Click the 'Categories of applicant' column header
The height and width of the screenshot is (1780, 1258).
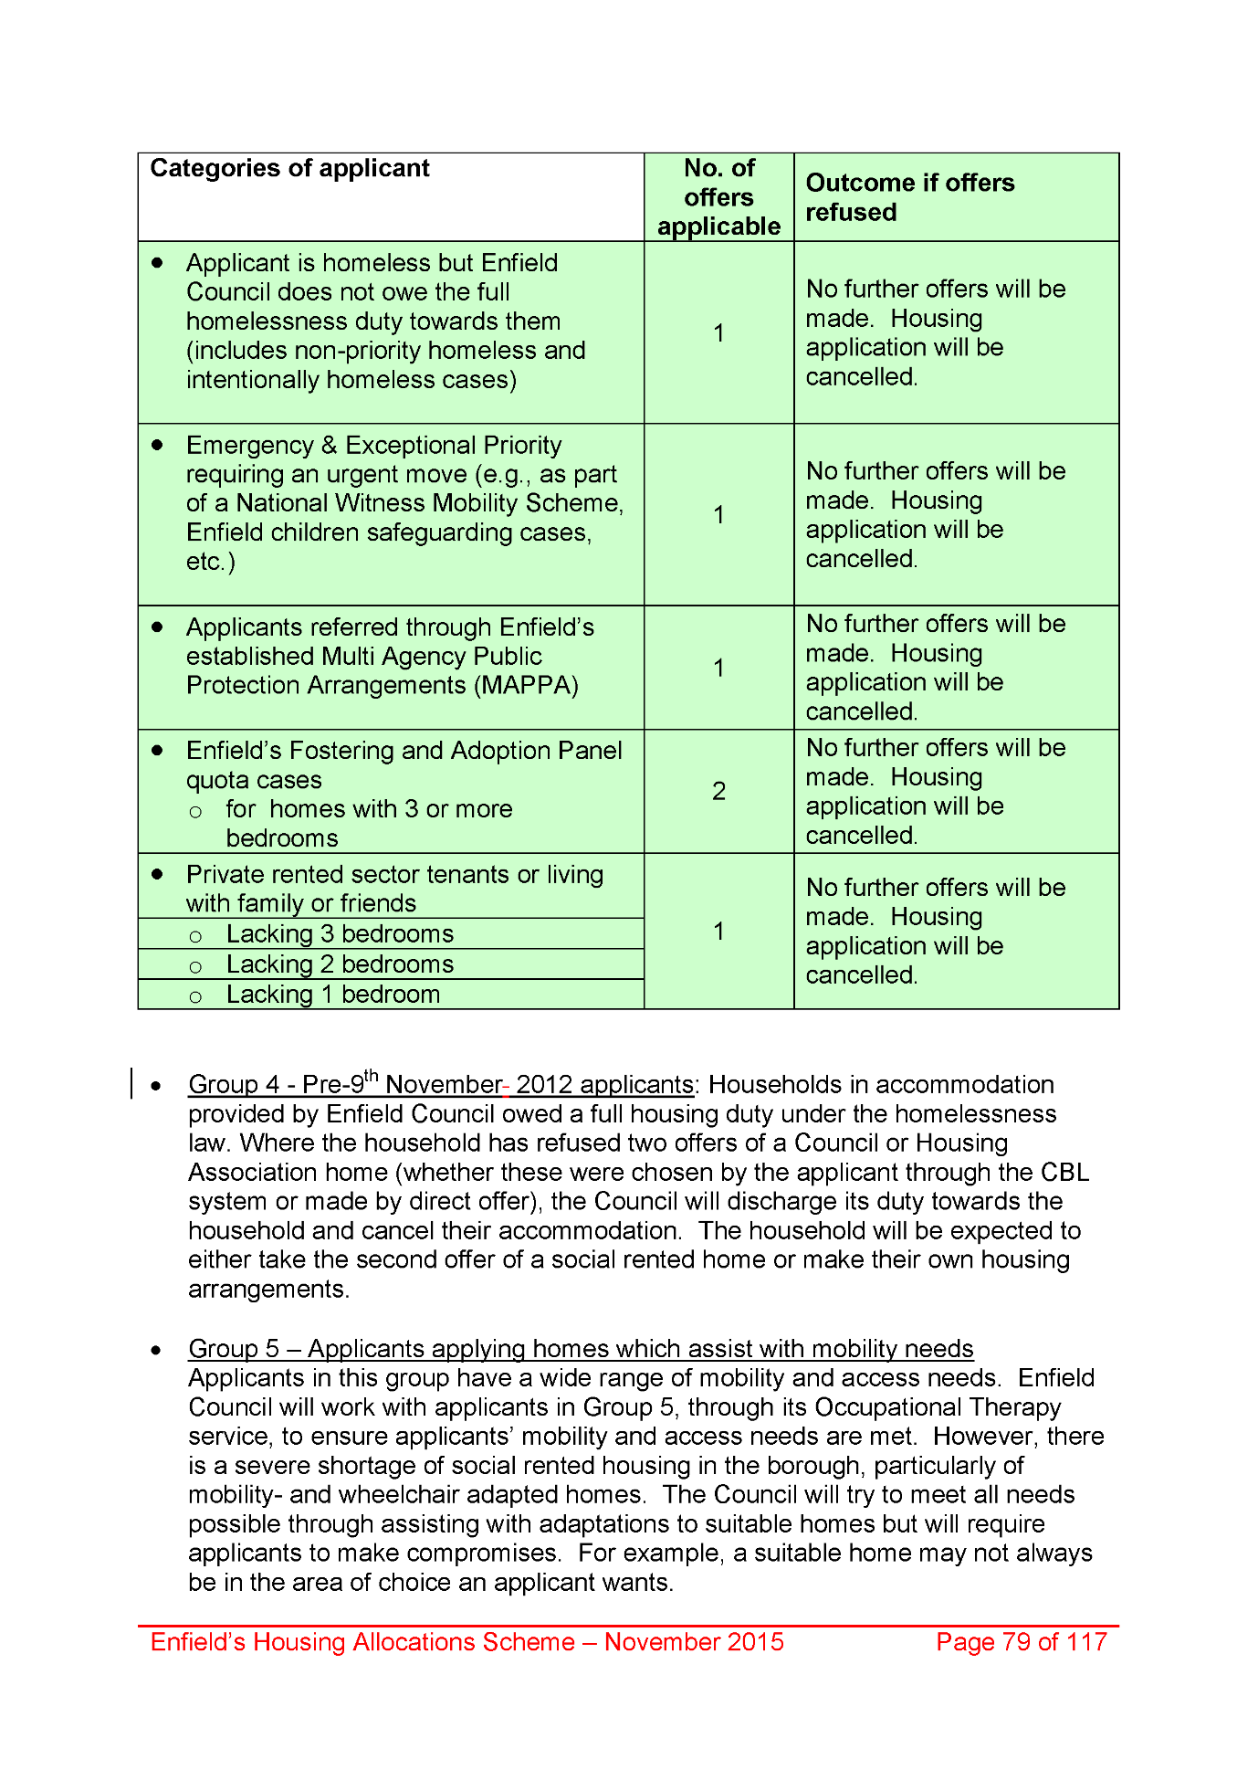(x=289, y=169)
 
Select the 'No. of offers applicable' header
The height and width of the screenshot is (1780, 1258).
(x=718, y=197)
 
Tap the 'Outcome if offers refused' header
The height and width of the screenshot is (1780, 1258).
(x=909, y=197)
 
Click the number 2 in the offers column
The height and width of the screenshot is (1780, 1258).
(x=718, y=791)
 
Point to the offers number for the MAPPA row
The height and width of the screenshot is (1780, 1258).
(x=718, y=668)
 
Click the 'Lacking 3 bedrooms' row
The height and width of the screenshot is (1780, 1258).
(x=340, y=934)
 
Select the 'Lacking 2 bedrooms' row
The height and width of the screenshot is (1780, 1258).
(x=340, y=964)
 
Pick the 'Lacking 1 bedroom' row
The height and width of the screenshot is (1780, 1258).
(x=332, y=995)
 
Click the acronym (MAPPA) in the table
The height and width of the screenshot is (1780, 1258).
(x=526, y=686)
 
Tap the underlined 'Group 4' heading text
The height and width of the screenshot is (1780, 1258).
(x=441, y=1085)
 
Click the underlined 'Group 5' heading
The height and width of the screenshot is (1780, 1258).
(x=581, y=1349)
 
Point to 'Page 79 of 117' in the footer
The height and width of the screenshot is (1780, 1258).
(x=1021, y=1642)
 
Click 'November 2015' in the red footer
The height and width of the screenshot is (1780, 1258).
(x=694, y=1642)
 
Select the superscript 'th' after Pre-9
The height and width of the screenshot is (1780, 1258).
(x=372, y=1075)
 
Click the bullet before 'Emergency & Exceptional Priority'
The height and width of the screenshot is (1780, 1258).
(x=158, y=445)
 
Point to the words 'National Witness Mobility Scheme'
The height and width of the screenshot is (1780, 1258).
(x=430, y=503)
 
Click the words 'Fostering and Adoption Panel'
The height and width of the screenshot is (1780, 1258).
(x=456, y=751)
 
